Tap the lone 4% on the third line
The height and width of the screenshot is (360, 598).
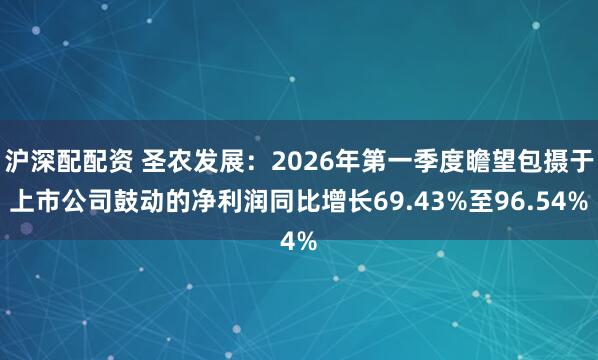pyautogui.click(x=298, y=241)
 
